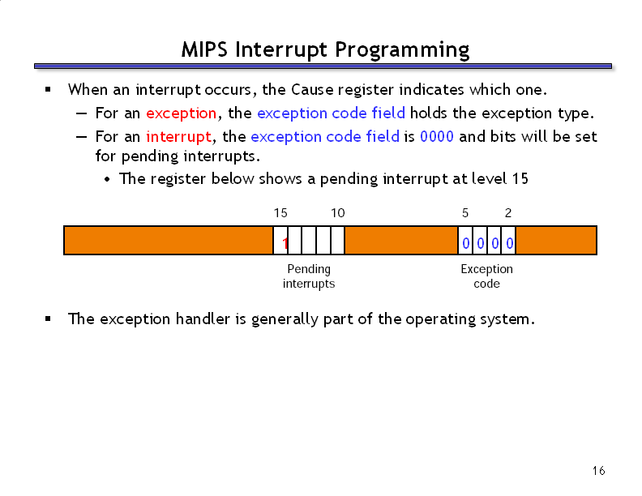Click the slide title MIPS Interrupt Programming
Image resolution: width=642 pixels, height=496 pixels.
point(325,50)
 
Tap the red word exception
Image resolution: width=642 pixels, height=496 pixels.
point(181,113)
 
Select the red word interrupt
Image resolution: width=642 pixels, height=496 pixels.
point(179,137)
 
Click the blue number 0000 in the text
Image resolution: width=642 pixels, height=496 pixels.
point(436,136)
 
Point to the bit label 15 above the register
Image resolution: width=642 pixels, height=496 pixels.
point(280,213)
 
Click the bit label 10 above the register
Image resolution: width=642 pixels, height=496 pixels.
point(338,213)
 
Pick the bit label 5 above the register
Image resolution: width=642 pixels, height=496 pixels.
point(465,213)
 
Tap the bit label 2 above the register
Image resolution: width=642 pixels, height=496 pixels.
point(508,213)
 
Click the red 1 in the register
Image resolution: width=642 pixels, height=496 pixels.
point(285,244)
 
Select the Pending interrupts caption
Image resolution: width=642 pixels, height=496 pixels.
point(309,276)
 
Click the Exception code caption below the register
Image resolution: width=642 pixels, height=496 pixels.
point(487,276)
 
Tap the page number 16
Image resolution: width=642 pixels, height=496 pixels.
point(598,471)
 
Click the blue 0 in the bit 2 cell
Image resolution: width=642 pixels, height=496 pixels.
point(509,244)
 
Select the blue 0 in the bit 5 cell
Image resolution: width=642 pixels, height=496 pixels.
point(466,244)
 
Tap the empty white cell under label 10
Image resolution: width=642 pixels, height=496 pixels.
point(338,240)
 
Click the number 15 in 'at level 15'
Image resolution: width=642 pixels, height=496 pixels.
point(520,179)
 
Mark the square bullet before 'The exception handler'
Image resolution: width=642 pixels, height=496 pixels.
point(49,319)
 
